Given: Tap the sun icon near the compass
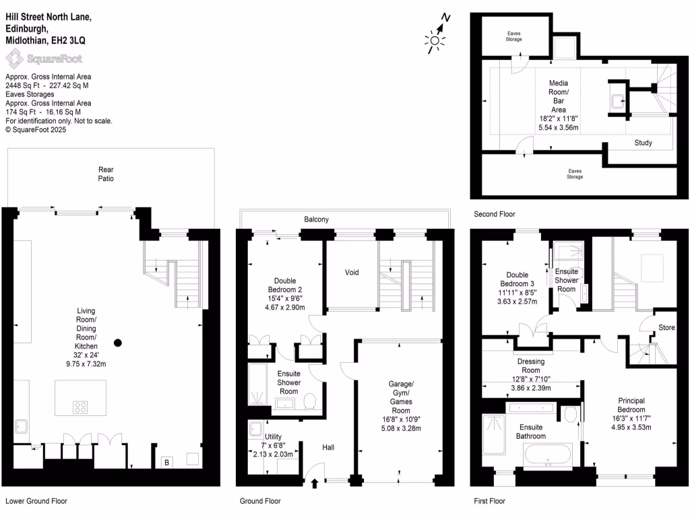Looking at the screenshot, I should pyautogui.click(x=434, y=42).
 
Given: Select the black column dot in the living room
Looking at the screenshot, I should pyautogui.click(x=118, y=343).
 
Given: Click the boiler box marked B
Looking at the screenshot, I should pyautogui.click(x=166, y=462).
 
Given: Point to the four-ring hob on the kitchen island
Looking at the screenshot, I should pyautogui.click(x=80, y=407).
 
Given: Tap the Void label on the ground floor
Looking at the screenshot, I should pyautogui.click(x=352, y=273).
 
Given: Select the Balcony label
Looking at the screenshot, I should pyautogui.click(x=317, y=219).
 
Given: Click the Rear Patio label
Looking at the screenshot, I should pyautogui.click(x=105, y=174).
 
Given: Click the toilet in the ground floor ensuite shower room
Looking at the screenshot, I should pyautogui.click(x=310, y=401).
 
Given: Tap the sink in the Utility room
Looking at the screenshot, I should pyautogui.click(x=255, y=429).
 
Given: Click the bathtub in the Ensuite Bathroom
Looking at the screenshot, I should pyautogui.click(x=548, y=456).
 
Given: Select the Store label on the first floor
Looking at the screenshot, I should pyautogui.click(x=666, y=328).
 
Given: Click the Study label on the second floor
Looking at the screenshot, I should pyautogui.click(x=643, y=143).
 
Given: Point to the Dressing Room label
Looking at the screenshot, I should pyautogui.click(x=531, y=366).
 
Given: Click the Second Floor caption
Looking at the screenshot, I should pyautogui.click(x=494, y=214).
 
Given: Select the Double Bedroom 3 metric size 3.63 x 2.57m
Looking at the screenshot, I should pyautogui.click(x=517, y=302).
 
